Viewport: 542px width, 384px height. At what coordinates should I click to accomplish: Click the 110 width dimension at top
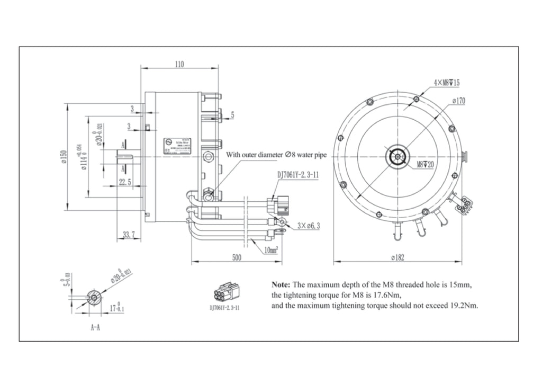(179, 64)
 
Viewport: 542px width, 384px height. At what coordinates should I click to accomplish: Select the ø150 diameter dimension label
(63, 157)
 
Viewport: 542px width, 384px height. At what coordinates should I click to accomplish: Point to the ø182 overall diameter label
(398, 257)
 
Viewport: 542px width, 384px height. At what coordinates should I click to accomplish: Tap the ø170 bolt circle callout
(458, 101)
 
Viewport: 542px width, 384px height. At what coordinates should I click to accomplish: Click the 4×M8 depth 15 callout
(447, 83)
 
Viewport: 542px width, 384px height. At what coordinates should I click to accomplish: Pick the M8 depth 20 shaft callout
(424, 165)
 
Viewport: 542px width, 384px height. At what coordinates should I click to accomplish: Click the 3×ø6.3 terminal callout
(309, 225)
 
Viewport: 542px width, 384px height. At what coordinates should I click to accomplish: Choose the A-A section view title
(95, 328)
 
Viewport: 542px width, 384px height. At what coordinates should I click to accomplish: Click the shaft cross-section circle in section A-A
(94, 298)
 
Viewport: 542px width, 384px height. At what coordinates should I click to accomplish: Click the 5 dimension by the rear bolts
(232, 114)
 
